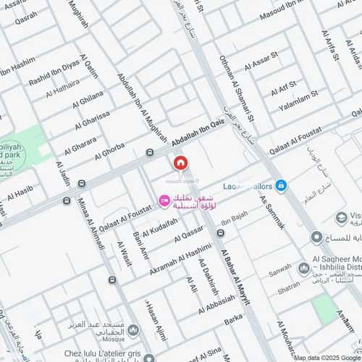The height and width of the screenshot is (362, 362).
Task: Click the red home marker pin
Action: pos(181,163)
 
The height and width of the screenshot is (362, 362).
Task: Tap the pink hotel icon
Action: pos(164,200)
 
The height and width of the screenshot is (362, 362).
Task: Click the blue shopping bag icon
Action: pos(281,185)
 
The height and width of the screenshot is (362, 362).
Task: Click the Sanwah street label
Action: pos(279,273)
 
